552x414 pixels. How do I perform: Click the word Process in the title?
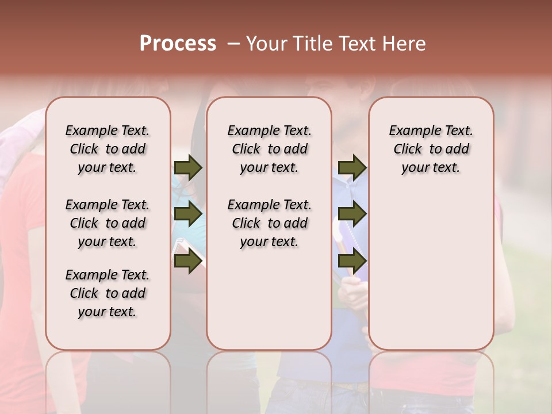click(178, 44)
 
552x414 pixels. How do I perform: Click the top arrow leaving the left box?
click(187, 168)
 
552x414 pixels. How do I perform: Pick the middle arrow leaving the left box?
click(187, 214)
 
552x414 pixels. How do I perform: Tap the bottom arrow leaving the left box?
click(187, 262)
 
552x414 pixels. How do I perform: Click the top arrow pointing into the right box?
click(352, 168)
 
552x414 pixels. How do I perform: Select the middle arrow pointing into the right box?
click(352, 214)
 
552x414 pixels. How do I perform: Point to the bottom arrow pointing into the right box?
click(352, 262)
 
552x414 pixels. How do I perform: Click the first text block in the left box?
click(108, 149)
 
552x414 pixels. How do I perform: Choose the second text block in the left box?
click(108, 223)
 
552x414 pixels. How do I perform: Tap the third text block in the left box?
click(108, 293)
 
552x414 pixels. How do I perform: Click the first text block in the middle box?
click(270, 149)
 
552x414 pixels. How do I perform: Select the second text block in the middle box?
click(270, 223)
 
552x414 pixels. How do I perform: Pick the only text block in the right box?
click(431, 149)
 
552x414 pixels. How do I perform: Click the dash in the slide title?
click(233, 44)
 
